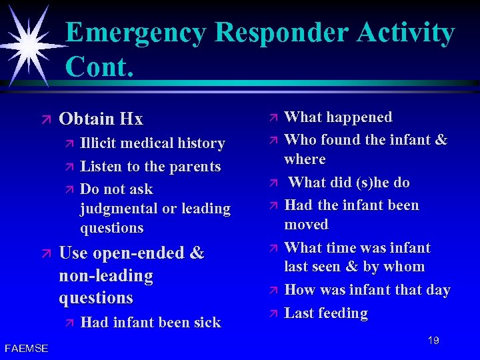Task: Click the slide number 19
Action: point(433,341)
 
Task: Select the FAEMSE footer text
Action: point(26,348)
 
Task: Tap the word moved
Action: point(306,225)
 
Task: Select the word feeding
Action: point(343,313)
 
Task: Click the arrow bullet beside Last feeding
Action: point(271,313)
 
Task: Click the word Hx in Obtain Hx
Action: point(131,119)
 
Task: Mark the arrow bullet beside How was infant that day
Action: point(271,291)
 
